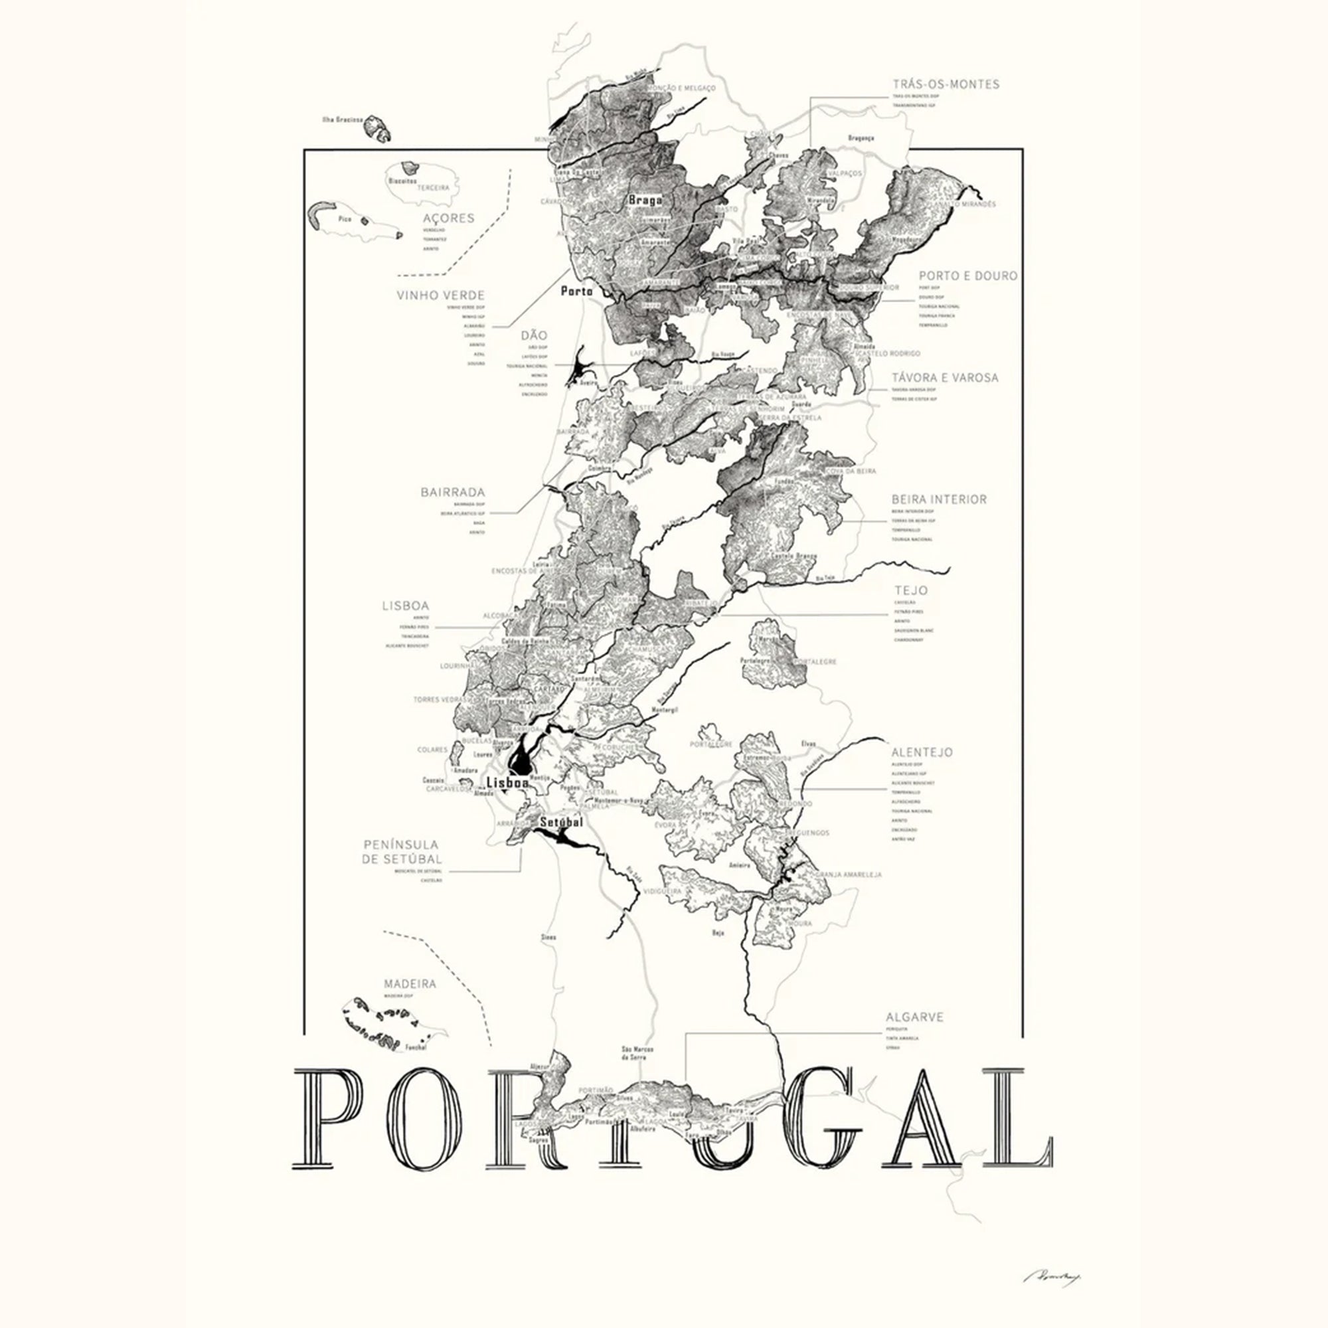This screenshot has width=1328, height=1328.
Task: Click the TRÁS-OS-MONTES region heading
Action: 946,84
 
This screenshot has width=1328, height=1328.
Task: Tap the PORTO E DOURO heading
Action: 968,276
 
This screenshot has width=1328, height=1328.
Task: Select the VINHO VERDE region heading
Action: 441,295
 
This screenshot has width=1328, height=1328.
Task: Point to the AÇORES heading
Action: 449,218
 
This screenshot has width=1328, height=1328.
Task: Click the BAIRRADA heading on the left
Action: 452,492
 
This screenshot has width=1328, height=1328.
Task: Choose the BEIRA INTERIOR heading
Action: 939,499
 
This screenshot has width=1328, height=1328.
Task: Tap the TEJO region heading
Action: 911,590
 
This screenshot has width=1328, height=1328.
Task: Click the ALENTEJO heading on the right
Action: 922,752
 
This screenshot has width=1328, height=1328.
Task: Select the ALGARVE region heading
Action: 914,1017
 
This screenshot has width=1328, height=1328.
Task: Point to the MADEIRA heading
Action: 410,983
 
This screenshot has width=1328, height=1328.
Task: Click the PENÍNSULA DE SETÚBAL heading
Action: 402,852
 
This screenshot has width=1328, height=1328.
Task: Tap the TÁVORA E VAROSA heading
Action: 944,377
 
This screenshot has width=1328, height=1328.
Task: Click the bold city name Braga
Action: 645,200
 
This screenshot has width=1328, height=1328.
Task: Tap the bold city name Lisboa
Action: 507,782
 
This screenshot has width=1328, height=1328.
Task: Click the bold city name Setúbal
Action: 561,822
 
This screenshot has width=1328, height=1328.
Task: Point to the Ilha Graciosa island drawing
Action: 376,128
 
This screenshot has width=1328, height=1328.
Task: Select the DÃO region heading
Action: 534,335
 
